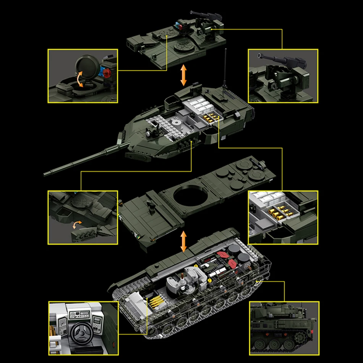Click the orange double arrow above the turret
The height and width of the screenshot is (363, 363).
184,75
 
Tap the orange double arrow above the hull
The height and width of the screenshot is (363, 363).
184,241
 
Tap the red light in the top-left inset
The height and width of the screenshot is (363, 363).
107,73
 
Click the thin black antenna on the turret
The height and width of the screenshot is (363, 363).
224,72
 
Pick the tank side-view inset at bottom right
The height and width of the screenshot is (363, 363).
284,328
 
